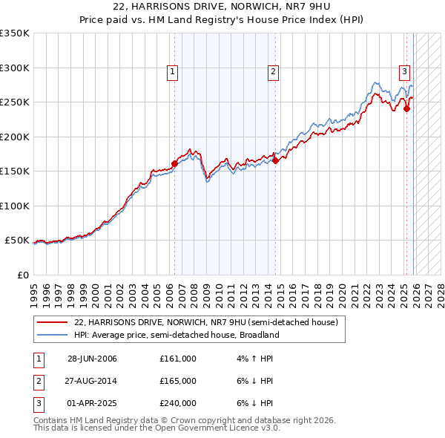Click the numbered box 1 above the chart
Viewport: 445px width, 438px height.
pyautogui.click(x=172, y=72)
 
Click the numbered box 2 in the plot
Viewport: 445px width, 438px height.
pyautogui.click(x=273, y=72)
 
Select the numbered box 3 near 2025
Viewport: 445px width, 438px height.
pyautogui.click(x=405, y=72)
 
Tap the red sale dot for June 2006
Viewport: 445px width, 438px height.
pyautogui.click(x=175, y=164)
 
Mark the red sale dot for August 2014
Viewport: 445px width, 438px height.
pyautogui.click(x=275, y=160)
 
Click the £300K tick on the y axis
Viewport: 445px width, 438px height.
pyautogui.click(x=15, y=68)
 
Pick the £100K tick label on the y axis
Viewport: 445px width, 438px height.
pyautogui.click(x=15, y=206)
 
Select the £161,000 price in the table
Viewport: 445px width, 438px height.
pyautogui.click(x=178, y=359)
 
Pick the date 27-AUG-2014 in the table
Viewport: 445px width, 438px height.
pyautogui.click(x=92, y=381)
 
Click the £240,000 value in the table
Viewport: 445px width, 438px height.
pyautogui.click(x=178, y=403)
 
